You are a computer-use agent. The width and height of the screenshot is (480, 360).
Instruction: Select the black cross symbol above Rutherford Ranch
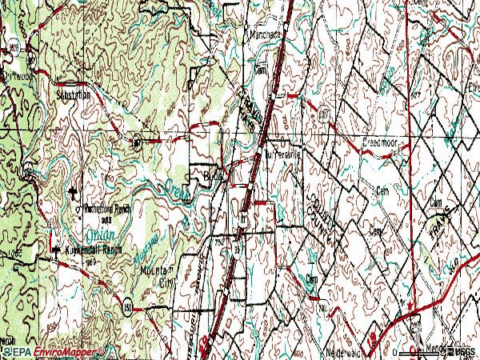pyautogui.click(x=75, y=192)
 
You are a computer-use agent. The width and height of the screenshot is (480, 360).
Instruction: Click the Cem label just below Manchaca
pyautogui.click(x=259, y=70)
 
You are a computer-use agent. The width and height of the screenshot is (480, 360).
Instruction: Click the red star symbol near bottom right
pyautogui.click(x=410, y=306)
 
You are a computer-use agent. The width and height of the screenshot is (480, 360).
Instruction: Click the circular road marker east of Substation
pyautogui.click(x=138, y=143)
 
